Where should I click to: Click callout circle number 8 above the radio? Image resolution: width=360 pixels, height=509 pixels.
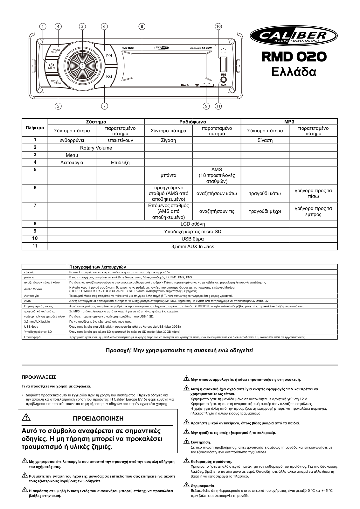[x=142, y=27]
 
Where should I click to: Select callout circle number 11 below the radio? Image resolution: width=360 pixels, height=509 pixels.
[x=218, y=106]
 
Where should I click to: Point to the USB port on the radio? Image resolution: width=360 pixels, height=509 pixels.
[x=223, y=64]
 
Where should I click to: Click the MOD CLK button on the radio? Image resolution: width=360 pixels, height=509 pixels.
[x=56, y=51]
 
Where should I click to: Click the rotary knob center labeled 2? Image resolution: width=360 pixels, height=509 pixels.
[x=82, y=66]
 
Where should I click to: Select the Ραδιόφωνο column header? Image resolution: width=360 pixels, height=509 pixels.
[x=192, y=122]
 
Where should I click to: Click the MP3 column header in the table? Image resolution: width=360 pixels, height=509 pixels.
[x=289, y=122]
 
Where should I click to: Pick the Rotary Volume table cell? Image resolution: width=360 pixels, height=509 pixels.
[x=96, y=148]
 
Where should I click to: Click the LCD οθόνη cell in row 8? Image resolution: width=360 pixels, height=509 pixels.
[x=192, y=224]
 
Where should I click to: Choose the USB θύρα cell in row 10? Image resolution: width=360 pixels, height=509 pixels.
[x=192, y=239]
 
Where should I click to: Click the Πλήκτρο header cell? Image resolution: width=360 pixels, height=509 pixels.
[x=35, y=128]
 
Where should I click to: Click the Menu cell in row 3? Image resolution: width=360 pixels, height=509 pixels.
[x=72, y=155]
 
